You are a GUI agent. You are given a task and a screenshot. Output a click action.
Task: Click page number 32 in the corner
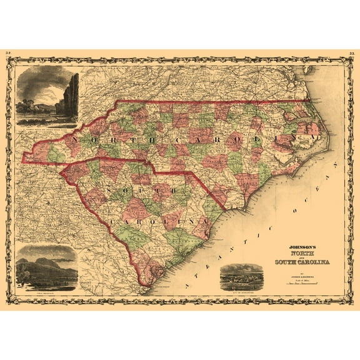(x=8, y=54)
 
